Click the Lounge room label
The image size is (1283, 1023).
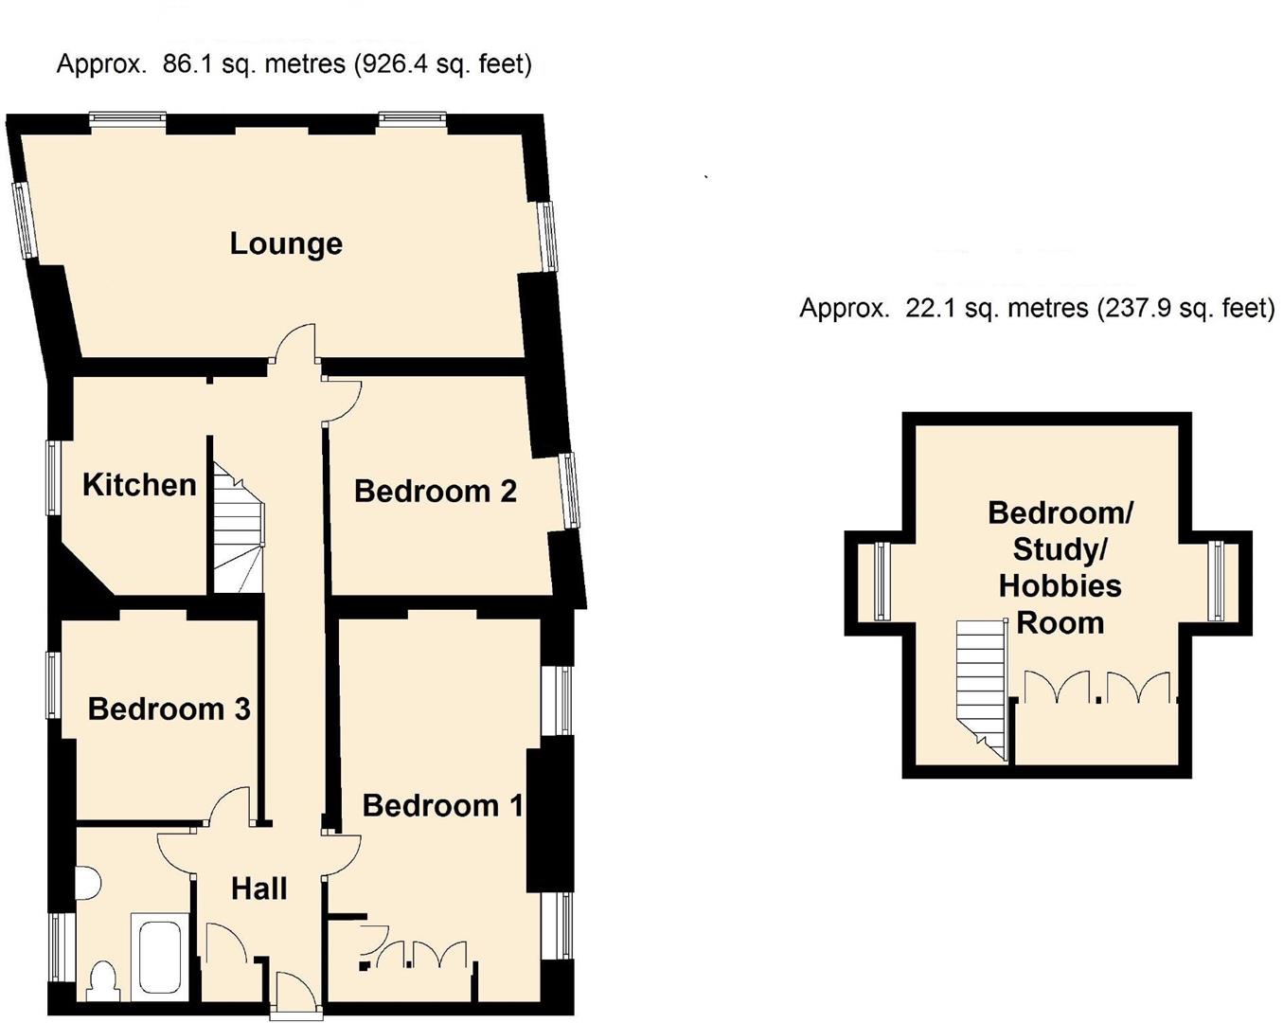point(286,243)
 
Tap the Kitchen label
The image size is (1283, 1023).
point(139,485)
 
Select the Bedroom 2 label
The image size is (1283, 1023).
point(436,491)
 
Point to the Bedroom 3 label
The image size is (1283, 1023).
point(169,709)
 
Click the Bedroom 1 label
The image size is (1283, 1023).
point(442,805)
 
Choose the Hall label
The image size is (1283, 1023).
point(259,888)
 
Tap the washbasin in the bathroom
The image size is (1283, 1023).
point(87,883)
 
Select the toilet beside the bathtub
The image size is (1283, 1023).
point(101,980)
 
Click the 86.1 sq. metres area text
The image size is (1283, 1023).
point(294,64)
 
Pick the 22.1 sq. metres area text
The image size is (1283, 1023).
point(1037,309)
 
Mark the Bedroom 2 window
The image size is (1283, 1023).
point(569,490)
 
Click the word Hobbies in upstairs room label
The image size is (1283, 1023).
point(1060,586)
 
